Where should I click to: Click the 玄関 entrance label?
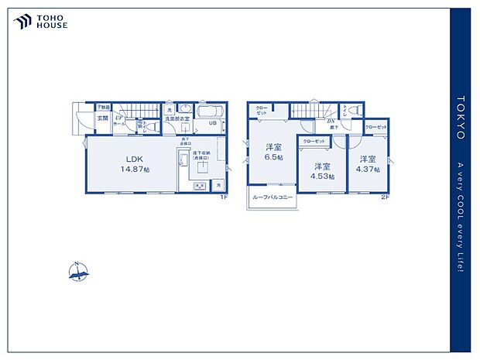pyautogui.click(x=102, y=118)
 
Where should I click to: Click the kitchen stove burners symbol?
pyautogui.click(x=197, y=186)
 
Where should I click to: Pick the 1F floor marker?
pyautogui.click(x=222, y=197)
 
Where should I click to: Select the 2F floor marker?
pyautogui.click(x=385, y=197)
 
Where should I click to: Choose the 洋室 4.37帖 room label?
pyautogui.click(x=367, y=163)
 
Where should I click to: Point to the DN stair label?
pyautogui.click(x=329, y=121)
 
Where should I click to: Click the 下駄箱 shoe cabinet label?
pyautogui.click(x=102, y=107)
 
